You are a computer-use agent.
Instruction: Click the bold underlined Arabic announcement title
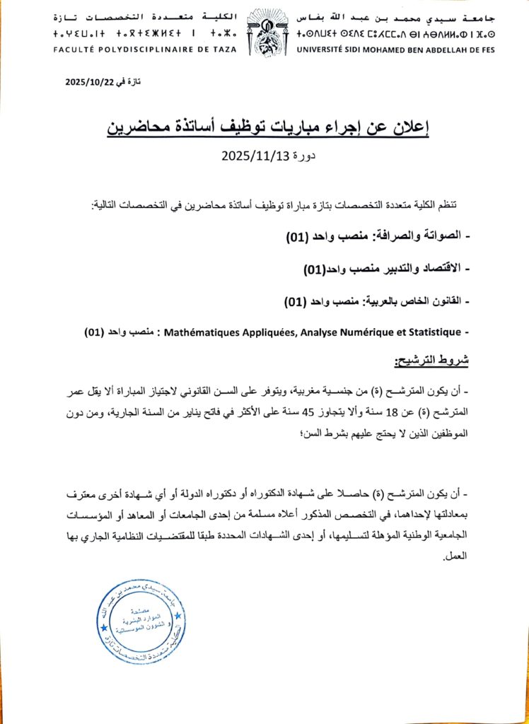pyautogui.click(x=269, y=128)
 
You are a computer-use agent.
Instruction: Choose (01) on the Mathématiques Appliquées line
pyautogui.click(x=95, y=332)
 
